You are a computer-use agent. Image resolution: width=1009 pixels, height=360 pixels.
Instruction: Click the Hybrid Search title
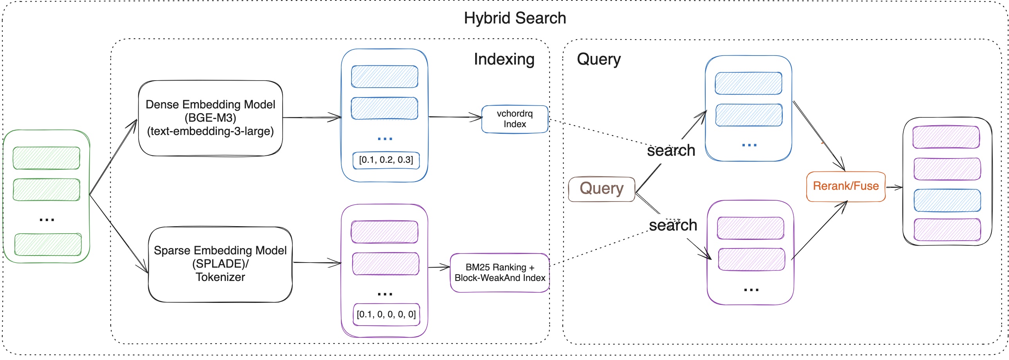pos(515,18)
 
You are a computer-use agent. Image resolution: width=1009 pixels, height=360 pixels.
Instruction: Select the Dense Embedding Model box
pos(210,118)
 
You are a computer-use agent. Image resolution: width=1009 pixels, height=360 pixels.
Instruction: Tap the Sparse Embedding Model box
pos(220,264)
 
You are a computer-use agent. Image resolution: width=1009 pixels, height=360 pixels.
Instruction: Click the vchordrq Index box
pos(515,119)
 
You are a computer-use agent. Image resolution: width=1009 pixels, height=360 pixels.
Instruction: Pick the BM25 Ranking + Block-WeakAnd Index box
pos(500,273)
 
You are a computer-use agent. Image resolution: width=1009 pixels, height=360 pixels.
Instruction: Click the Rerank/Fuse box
pos(846,186)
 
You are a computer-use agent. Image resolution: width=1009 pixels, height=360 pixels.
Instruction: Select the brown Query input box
pos(601,189)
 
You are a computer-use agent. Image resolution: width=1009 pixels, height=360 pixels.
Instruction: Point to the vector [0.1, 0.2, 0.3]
pos(386,160)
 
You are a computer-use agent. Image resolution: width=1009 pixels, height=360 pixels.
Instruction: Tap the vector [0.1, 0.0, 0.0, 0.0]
pos(386,314)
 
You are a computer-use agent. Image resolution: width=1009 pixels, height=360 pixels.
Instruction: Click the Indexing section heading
pos(504,59)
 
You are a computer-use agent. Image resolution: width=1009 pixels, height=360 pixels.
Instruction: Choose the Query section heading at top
pos(598,59)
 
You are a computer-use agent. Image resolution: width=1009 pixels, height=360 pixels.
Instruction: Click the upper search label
pos(670,150)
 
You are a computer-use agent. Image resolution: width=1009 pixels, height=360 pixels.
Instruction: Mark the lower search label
pos(673,225)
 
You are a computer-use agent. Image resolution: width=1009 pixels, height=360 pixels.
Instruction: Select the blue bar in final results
pos(947,200)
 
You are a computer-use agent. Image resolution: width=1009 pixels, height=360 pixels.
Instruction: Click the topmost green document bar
pos(46,158)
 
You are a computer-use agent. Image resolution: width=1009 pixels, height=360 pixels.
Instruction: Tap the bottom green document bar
pos(48,245)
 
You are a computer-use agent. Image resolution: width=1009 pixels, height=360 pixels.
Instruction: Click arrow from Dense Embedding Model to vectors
pos(312,117)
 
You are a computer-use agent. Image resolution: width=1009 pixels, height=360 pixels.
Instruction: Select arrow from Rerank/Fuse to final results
pos(894,187)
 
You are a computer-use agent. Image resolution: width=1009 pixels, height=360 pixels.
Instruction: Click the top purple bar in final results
pos(946,137)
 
